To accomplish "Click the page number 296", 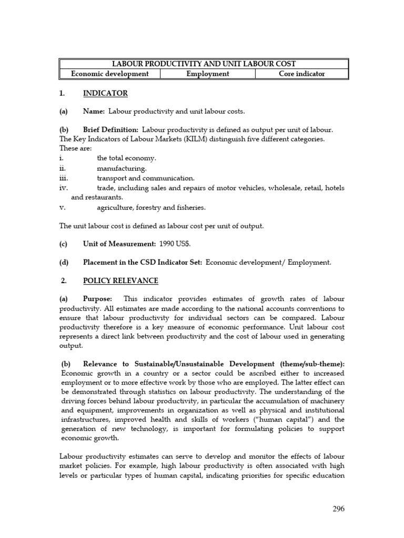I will coord(338,509).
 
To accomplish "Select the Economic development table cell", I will coord(110,74).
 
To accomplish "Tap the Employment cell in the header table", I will coord(208,74).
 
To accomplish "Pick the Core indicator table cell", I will coord(301,74).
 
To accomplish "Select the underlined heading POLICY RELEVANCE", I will coord(120,281).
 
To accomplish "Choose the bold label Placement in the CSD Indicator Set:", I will coord(143,263).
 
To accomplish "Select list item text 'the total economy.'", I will coord(126,158).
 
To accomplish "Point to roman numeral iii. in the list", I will coord(65,178).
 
